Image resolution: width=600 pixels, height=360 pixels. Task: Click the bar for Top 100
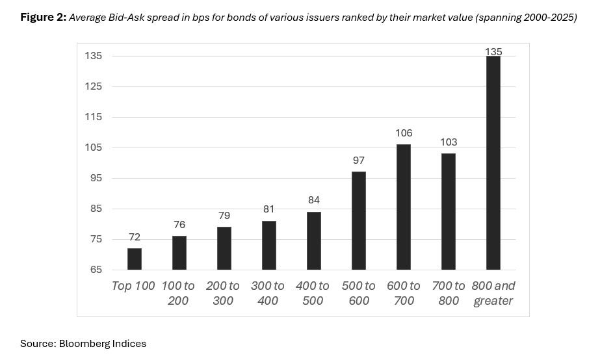[135, 259]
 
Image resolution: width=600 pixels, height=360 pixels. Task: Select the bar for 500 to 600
[359, 220]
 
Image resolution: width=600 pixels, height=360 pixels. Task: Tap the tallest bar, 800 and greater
[493, 162]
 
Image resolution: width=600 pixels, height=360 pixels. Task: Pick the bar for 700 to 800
[449, 211]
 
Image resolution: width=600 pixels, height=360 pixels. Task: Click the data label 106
[404, 133]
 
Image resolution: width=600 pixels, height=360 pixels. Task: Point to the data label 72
[135, 237]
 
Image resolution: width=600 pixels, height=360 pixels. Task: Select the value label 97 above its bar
[359, 161]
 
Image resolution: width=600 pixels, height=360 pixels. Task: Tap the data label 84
[314, 200]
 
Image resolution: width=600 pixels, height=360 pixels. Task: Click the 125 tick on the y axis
[94, 86]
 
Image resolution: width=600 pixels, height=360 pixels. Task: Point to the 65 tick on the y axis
[96, 270]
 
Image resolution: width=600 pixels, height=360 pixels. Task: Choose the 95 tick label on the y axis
[96, 178]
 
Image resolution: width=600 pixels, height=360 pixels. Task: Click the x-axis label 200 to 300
[223, 293]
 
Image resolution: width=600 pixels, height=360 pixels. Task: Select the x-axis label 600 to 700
[404, 293]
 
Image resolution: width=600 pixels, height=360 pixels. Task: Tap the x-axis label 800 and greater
[494, 293]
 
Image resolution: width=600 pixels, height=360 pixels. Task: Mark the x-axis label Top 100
[133, 286]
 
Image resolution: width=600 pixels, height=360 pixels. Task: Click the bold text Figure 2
[43, 18]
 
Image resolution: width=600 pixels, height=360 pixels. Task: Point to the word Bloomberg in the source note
[83, 344]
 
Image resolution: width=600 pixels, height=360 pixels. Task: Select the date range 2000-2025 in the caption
[548, 18]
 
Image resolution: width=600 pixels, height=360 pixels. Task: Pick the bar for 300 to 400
[269, 245]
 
